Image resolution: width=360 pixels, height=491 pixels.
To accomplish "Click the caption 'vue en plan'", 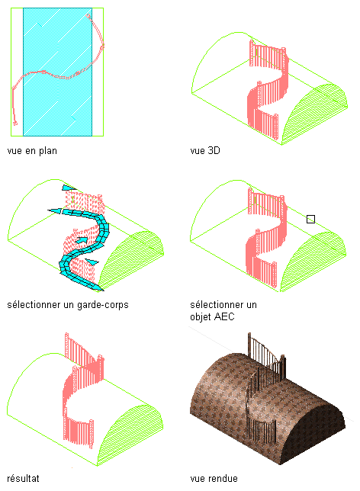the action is [32, 151].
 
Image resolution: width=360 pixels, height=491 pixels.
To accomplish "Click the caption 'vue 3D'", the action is [205, 151].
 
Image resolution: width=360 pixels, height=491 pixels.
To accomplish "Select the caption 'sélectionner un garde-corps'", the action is [68, 305].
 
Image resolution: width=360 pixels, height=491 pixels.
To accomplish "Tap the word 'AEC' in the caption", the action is [225, 317].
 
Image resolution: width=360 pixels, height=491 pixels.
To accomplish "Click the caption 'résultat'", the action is [23, 479].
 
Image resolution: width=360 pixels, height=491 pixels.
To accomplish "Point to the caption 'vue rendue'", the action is [214, 479].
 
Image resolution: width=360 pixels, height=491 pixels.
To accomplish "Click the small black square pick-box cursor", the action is [310, 220].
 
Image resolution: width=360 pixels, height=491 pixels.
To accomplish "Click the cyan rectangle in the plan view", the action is [58, 72].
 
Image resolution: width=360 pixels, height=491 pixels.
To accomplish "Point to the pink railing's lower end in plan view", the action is [15, 123].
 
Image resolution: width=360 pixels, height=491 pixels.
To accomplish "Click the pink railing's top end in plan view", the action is [88, 16].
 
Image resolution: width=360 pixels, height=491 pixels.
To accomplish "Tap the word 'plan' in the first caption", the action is [47, 151].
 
